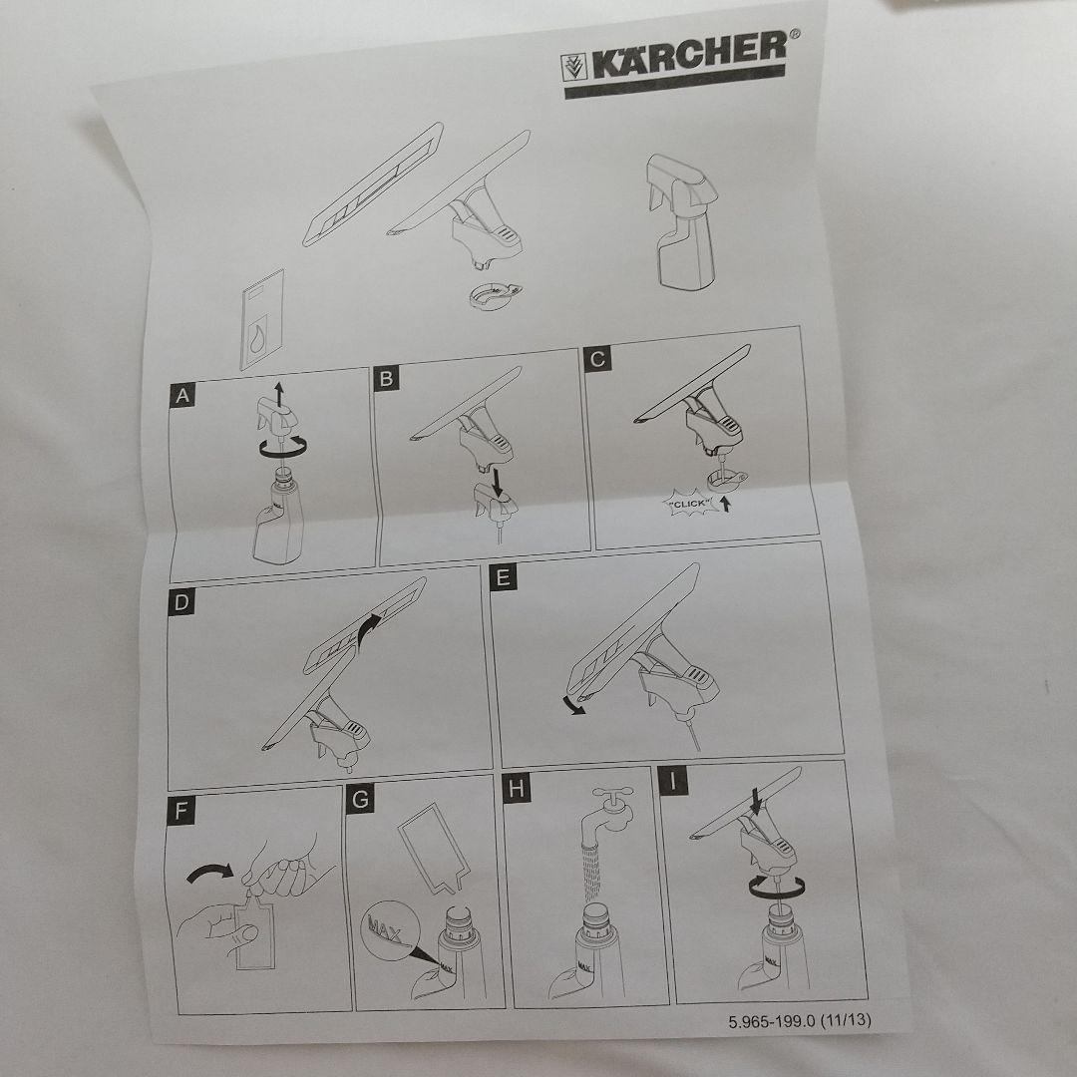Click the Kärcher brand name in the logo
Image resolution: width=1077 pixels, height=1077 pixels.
pos(689,56)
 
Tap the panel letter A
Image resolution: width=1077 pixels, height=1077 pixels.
pos(182,396)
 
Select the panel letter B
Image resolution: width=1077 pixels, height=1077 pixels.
pos(387,379)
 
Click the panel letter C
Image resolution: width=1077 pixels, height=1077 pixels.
pos(597,359)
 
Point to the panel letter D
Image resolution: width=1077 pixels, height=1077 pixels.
pos(181,601)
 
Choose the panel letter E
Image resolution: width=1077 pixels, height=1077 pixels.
pos(504,577)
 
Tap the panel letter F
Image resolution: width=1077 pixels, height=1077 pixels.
pos(180,811)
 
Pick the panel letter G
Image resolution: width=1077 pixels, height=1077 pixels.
pos(360,800)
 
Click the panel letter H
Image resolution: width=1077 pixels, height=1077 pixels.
pos(517,789)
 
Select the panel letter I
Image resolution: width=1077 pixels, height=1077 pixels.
pos(673,782)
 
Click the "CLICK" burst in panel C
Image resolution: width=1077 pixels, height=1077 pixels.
pos(690,505)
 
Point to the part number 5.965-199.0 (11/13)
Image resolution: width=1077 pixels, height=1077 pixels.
pos(800,1020)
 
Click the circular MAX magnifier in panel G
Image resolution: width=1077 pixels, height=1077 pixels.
pos(389,929)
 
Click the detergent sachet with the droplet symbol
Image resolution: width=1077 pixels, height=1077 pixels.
pos(261,320)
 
